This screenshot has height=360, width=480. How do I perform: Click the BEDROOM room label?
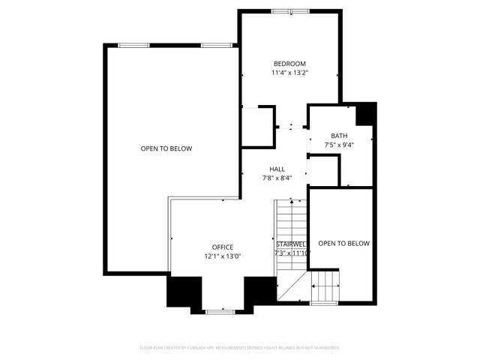tap(289, 63)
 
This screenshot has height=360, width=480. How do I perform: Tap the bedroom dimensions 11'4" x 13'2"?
tap(289, 73)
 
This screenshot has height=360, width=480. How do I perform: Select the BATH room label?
tap(339, 136)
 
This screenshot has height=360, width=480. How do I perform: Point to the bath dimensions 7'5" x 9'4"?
tap(339, 145)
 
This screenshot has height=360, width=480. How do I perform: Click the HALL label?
tap(277, 169)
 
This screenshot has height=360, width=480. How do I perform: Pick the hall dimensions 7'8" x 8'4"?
tap(277, 178)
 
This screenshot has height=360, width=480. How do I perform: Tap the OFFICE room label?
tap(222, 247)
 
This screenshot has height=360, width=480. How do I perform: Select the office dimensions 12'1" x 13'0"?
tap(222, 256)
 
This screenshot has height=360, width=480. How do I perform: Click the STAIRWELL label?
tap(291, 244)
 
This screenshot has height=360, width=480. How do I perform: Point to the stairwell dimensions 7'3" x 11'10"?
tap(291, 253)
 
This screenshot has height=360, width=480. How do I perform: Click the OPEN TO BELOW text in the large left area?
tap(166, 148)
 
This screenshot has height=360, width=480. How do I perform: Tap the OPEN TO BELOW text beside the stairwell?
tap(344, 243)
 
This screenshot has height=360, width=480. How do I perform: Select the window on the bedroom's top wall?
tap(289, 11)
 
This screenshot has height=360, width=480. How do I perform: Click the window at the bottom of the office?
tap(220, 310)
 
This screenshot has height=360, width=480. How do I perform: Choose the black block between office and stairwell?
tap(260, 289)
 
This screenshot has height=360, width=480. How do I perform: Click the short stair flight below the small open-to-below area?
tap(325, 285)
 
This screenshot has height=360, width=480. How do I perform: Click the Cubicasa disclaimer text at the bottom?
tap(240, 347)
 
